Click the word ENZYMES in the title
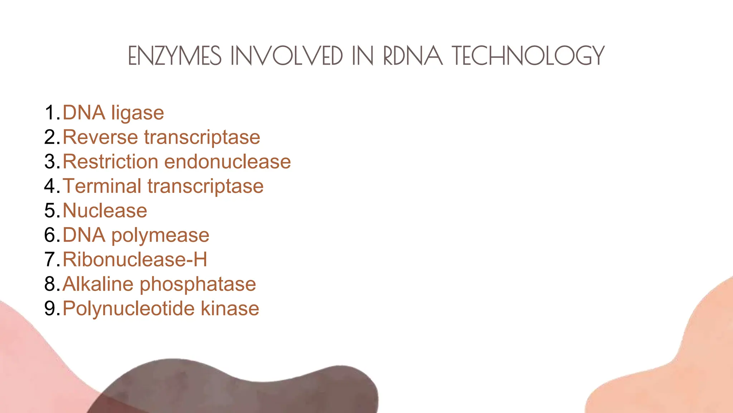[x=175, y=56]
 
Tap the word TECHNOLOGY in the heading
[x=528, y=56]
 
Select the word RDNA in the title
[x=413, y=56]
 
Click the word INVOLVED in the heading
[x=287, y=56]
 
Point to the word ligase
[x=138, y=113]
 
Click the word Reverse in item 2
[x=100, y=137]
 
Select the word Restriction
[x=110, y=162]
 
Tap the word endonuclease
[x=227, y=162]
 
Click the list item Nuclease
[x=105, y=210]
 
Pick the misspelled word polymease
[x=160, y=236]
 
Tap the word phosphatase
[x=198, y=285]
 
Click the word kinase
[x=230, y=309]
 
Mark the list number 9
[x=50, y=309]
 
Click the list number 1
[x=50, y=113]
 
